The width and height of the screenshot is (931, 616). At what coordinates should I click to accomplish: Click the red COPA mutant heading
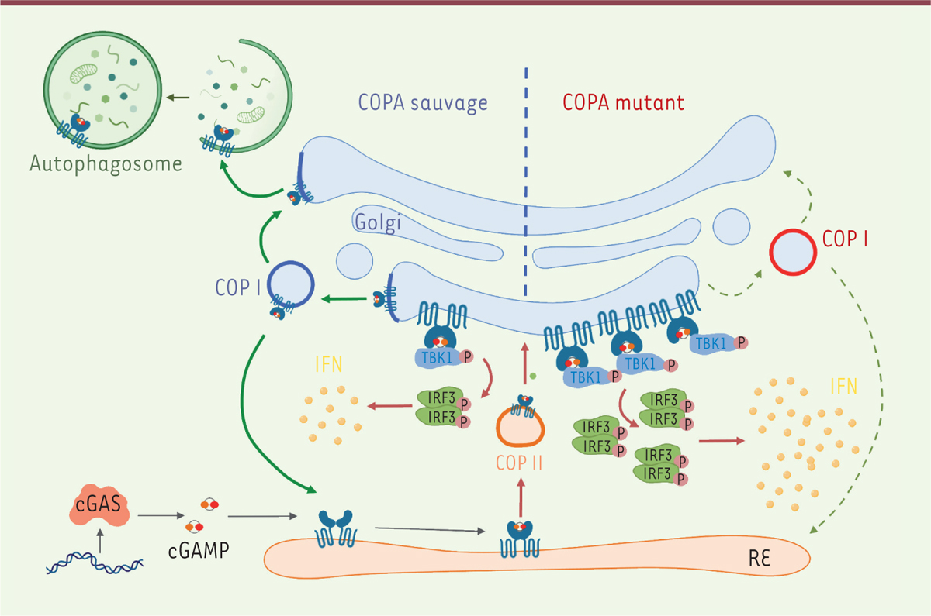621,102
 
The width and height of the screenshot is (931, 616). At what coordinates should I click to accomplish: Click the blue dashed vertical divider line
526,186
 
